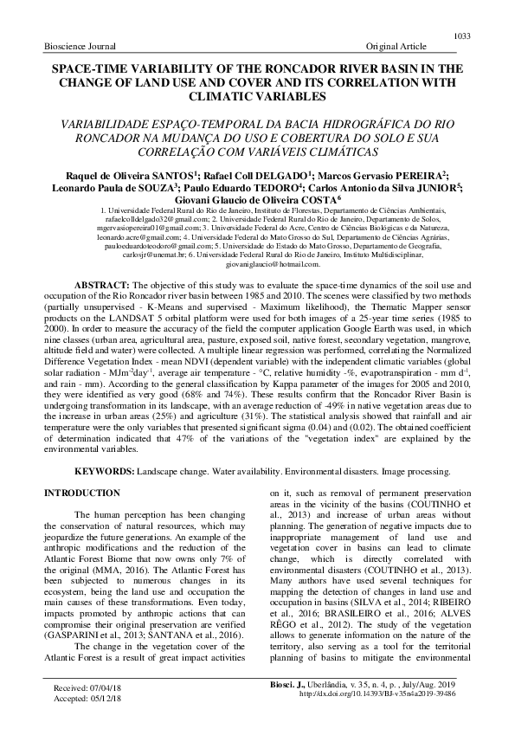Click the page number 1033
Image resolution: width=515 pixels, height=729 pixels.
[461, 35]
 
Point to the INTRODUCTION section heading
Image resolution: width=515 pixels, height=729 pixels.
[81, 493]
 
